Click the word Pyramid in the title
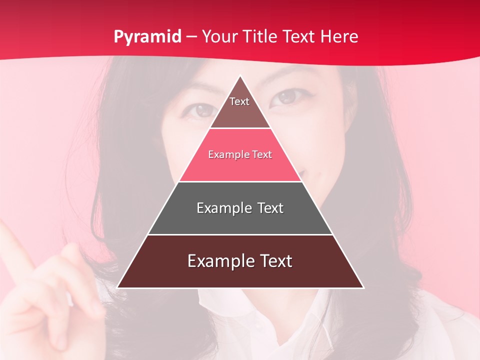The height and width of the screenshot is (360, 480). coord(147,37)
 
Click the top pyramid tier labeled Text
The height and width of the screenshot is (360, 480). coord(239,107)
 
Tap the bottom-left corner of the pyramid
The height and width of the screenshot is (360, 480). coord(118,287)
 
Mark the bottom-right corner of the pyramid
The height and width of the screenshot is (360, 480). coord(363,287)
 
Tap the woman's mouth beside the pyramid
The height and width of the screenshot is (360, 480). coord(312,175)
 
